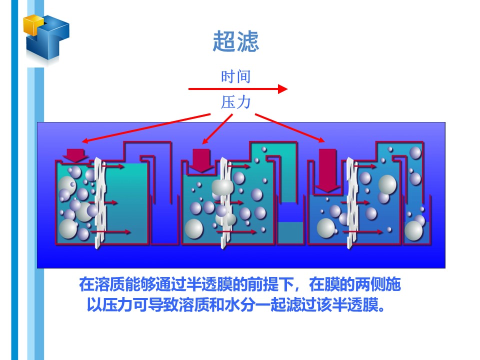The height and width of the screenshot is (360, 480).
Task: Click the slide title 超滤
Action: point(235,41)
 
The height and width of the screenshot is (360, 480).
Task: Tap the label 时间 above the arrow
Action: point(235,76)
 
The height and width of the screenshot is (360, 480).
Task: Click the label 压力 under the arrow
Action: point(235,102)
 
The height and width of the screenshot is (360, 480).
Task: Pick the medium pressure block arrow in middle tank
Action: point(202,160)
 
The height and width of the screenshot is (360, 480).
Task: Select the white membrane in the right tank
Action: point(351,200)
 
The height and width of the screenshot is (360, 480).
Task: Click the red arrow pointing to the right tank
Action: point(290,127)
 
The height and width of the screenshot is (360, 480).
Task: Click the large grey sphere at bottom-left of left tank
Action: point(68,229)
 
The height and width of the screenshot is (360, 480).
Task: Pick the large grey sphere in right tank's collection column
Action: point(414,230)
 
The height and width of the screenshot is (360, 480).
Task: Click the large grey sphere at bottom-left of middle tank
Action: point(194,228)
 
